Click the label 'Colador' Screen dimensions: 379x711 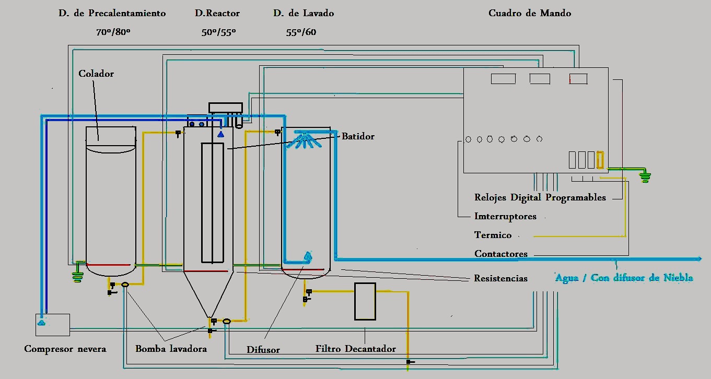click(x=96, y=74)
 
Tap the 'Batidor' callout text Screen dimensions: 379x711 click(x=358, y=136)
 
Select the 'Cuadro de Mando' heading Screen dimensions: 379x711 click(x=530, y=13)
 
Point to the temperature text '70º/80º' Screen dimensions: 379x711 click(x=113, y=32)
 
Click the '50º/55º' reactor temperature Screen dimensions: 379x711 click(x=218, y=32)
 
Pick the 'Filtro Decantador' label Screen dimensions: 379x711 click(x=356, y=348)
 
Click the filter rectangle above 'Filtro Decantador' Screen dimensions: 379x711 click(x=365, y=301)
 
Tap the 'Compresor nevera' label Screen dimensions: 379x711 click(x=65, y=348)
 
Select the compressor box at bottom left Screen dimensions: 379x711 click(x=53, y=325)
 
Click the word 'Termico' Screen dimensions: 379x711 click(x=493, y=235)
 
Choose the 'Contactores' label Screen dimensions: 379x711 click(x=501, y=254)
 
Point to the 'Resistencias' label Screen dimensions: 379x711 click(x=500, y=278)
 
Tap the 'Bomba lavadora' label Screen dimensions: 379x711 click(x=171, y=348)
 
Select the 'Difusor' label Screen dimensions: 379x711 click(x=263, y=349)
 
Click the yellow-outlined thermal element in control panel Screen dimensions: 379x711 click(x=600, y=160)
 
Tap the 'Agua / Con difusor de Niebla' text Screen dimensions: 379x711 click(x=624, y=278)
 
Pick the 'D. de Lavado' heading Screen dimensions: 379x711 click(x=304, y=13)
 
